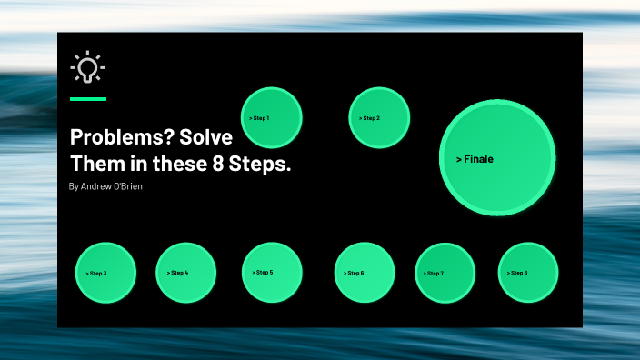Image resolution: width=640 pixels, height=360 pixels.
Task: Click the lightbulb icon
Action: pos(87,67)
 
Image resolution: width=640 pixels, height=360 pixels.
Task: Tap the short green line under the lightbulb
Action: pos(88,98)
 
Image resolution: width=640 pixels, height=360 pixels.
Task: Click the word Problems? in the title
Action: pos(109,137)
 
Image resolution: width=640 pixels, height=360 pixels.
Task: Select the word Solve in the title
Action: pos(205,137)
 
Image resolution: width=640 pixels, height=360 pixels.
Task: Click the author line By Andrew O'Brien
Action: pos(105,186)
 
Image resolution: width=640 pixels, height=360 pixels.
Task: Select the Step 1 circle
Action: pos(272,118)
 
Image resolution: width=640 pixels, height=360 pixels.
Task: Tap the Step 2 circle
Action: pos(379,118)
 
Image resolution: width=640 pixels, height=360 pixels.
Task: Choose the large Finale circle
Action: pos(497,158)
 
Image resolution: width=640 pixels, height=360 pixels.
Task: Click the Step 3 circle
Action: pos(105,273)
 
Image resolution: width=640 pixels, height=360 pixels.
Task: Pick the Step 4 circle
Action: pos(185,273)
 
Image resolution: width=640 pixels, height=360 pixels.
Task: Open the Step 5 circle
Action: pos(272,273)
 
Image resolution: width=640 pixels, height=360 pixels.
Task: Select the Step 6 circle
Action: pos(365,273)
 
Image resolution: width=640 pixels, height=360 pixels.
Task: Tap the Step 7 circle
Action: pos(445,273)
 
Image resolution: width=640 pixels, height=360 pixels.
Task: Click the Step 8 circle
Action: pos(528,273)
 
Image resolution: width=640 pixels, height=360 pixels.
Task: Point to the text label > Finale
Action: pos(475,159)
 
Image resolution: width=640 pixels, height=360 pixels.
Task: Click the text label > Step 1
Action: pos(258,118)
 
